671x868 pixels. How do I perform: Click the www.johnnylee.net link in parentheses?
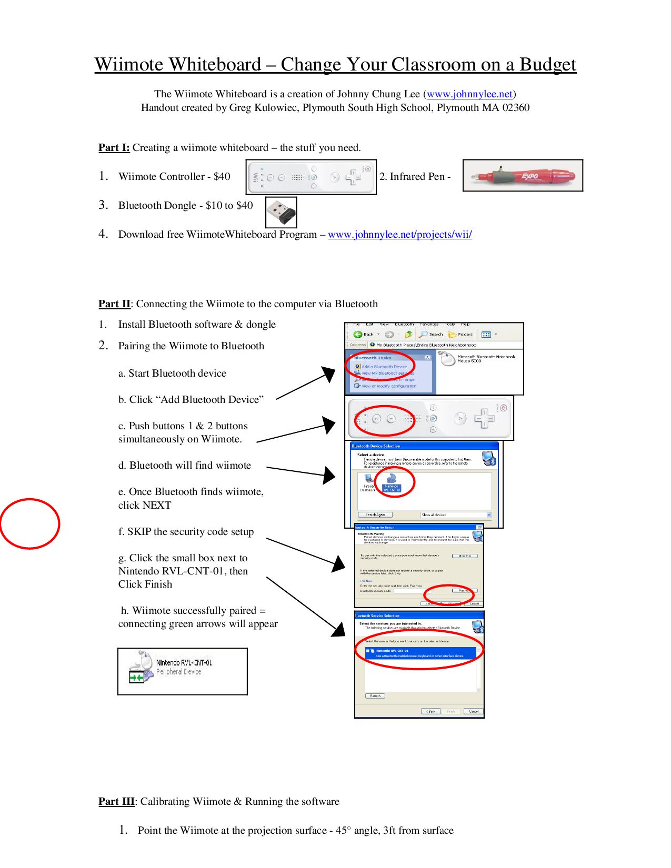tap(469, 94)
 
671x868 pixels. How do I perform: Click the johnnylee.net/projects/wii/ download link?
tap(399, 235)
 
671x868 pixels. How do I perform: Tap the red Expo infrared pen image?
tap(522, 176)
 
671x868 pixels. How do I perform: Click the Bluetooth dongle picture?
tap(281, 213)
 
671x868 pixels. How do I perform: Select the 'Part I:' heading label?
tap(114, 148)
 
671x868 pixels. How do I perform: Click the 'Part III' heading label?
tap(116, 802)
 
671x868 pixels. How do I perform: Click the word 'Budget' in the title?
tap(547, 65)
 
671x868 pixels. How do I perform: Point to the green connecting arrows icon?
tap(136, 678)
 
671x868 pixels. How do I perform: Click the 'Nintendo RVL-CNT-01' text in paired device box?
tap(184, 663)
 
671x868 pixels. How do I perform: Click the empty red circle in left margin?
tap(29, 523)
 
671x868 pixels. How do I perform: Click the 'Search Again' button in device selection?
tap(375, 514)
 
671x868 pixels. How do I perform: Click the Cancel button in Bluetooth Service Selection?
tap(473, 711)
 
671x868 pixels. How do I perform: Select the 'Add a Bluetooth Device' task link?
tap(384, 367)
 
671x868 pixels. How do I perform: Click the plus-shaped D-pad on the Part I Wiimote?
tap(353, 177)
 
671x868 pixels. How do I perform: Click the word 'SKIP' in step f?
tap(139, 532)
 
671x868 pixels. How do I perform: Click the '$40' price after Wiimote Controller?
tap(222, 177)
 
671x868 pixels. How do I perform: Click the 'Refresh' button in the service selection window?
tap(375, 696)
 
